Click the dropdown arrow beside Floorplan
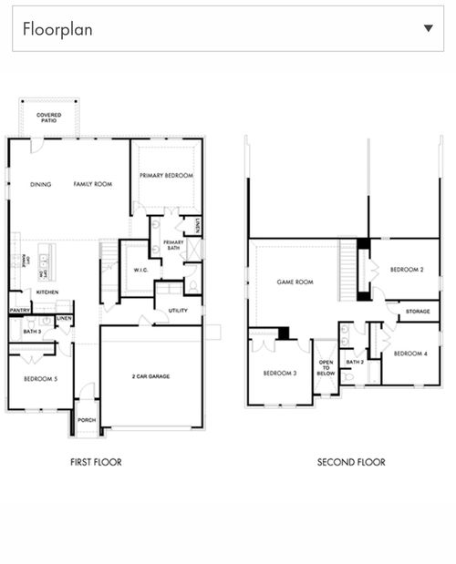(x=429, y=28)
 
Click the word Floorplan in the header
(x=57, y=28)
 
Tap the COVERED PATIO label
(x=49, y=118)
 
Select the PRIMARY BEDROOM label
(x=166, y=175)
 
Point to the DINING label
(x=41, y=184)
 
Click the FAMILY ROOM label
(x=93, y=184)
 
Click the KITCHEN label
(x=47, y=292)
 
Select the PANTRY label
(x=20, y=310)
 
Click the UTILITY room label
(x=179, y=311)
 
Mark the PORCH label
(x=87, y=420)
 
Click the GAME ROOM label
(x=295, y=282)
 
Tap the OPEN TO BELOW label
(x=326, y=367)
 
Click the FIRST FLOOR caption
(x=96, y=462)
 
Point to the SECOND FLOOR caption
(x=351, y=462)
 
